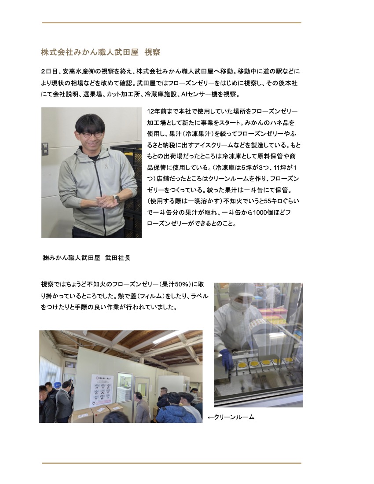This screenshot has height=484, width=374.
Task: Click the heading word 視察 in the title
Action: (152, 52)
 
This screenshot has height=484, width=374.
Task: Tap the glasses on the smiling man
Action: (92, 134)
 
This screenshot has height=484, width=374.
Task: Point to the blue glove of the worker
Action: (227, 359)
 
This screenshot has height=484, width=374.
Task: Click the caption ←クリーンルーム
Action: (231, 417)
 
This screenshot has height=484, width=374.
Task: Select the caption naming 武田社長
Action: (86, 258)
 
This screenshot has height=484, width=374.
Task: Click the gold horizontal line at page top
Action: (172, 22)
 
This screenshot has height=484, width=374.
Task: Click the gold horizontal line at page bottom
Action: (172, 463)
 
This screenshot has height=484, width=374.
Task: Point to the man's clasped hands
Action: (106, 201)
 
